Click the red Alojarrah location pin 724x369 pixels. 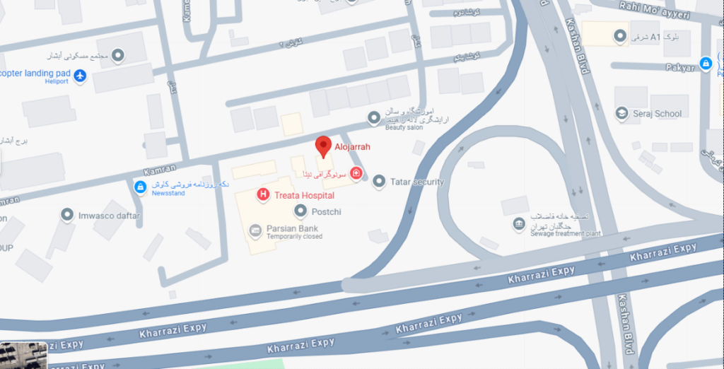click(x=323, y=146)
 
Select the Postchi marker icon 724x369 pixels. click(x=300, y=211)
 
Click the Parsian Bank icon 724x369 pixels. click(x=254, y=230)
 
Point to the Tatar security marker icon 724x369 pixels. click(x=379, y=182)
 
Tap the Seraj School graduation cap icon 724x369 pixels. click(x=621, y=113)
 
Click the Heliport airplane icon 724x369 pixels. click(x=80, y=76)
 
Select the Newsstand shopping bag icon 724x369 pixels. click(x=141, y=187)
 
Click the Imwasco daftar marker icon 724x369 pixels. click(x=67, y=215)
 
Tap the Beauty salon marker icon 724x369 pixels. click(x=374, y=117)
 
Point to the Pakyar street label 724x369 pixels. click(x=680, y=68)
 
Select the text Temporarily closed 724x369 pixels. click(x=294, y=237)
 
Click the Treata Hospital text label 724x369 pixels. click(x=305, y=195)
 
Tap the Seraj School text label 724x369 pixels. click(x=658, y=114)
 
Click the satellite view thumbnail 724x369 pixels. click(x=23, y=355)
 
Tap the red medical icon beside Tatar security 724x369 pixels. click(x=356, y=173)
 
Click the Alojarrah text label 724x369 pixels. click(x=352, y=147)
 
